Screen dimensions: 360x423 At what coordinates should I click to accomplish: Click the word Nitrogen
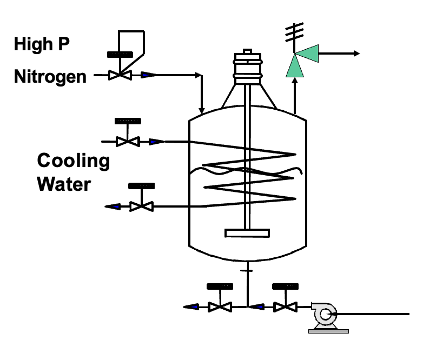coord(50,77)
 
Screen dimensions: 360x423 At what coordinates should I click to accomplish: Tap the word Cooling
coord(73,161)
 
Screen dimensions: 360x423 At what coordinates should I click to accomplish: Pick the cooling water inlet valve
coord(128,142)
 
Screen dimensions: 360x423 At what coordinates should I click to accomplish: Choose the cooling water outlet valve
coord(142,206)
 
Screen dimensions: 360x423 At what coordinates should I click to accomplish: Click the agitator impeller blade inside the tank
coord(247,234)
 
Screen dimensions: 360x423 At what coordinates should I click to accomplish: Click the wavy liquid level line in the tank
coord(247,171)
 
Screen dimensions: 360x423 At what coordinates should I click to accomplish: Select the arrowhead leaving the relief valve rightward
coord(356,53)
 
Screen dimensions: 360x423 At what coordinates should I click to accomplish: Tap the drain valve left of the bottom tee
coord(220,307)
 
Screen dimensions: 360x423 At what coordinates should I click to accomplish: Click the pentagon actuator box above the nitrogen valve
coord(133,42)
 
